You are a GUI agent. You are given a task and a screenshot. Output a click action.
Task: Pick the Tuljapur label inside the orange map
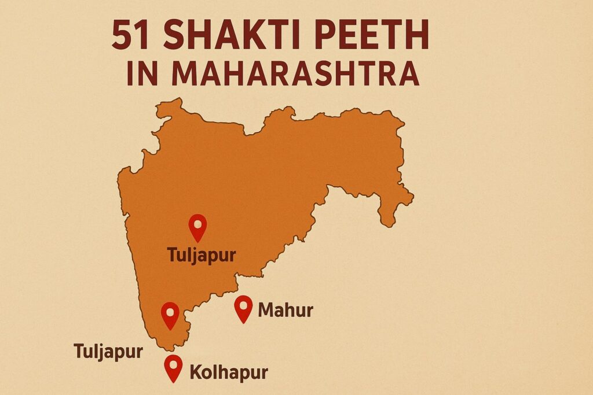(x=201, y=254)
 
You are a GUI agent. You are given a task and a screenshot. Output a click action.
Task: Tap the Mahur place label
(x=285, y=311)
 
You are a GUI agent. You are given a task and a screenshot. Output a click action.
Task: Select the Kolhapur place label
(x=229, y=371)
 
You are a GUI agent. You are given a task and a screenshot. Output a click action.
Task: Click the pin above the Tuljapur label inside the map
(x=198, y=227)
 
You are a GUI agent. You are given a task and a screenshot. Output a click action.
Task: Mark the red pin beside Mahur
(x=243, y=308)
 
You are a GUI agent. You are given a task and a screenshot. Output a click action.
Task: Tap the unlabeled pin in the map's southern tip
(x=170, y=315)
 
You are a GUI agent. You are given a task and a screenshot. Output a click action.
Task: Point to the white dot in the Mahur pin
(x=243, y=304)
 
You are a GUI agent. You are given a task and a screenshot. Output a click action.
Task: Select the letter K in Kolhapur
(x=197, y=371)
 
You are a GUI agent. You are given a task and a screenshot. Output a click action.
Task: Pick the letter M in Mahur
(x=265, y=311)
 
